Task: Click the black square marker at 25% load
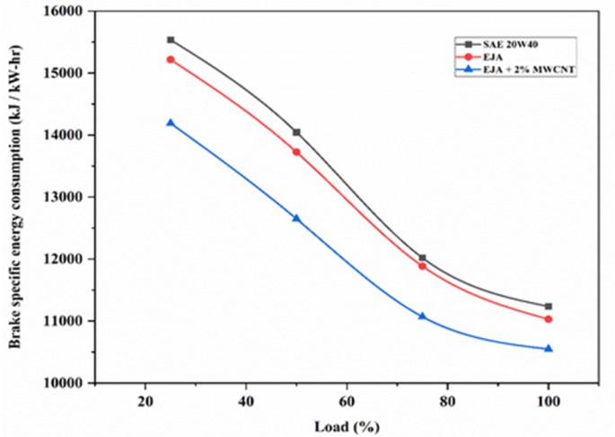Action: tap(171, 40)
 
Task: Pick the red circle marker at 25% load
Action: tap(171, 59)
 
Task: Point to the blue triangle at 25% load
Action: tap(171, 122)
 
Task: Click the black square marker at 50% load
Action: tap(296, 132)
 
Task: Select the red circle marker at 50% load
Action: tap(296, 152)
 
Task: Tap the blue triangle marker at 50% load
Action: tap(296, 218)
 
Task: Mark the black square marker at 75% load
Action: tap(423, 258)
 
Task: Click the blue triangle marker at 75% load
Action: tap(423, 316)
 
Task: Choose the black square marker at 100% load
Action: tap(549, 307)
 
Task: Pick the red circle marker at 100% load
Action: tap(549, 319)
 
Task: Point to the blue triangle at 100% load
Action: tap(549, 348)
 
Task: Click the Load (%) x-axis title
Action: tap(347, 424)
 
